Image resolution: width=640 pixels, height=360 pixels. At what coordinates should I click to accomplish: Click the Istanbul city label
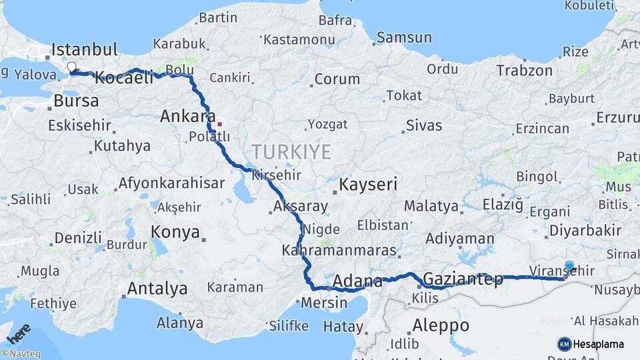(85, 49)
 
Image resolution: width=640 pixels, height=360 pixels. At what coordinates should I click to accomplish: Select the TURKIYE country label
(291, 152)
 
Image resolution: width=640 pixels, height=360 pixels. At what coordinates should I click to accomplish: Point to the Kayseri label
(369, 184)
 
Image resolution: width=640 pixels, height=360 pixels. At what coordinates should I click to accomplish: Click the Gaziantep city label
(463, 279)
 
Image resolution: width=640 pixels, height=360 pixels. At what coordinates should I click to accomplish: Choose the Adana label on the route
(357, 281)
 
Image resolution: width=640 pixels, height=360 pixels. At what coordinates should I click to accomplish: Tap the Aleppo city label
(441, 326)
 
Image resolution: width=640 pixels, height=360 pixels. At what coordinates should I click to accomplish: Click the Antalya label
(157, 289)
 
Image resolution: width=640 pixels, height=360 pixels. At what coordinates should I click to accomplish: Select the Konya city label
(175, 232)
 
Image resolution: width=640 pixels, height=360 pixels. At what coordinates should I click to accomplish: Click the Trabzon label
(524, 70)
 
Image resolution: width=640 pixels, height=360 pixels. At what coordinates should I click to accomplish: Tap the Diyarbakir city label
(585, 231)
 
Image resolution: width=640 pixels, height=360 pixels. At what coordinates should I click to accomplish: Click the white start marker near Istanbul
(71, 67)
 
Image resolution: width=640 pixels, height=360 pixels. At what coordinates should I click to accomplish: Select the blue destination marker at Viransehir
(569, 267)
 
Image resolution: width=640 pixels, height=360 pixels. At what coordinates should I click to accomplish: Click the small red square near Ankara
(219, 124)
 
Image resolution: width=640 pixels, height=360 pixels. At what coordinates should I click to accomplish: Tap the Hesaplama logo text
(598, 344)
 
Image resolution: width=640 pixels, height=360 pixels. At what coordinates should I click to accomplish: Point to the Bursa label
(76, 101)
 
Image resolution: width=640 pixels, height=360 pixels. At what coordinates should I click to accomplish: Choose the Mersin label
(325, 303)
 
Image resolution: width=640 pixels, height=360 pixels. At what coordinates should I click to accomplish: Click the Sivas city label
(424, 125)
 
